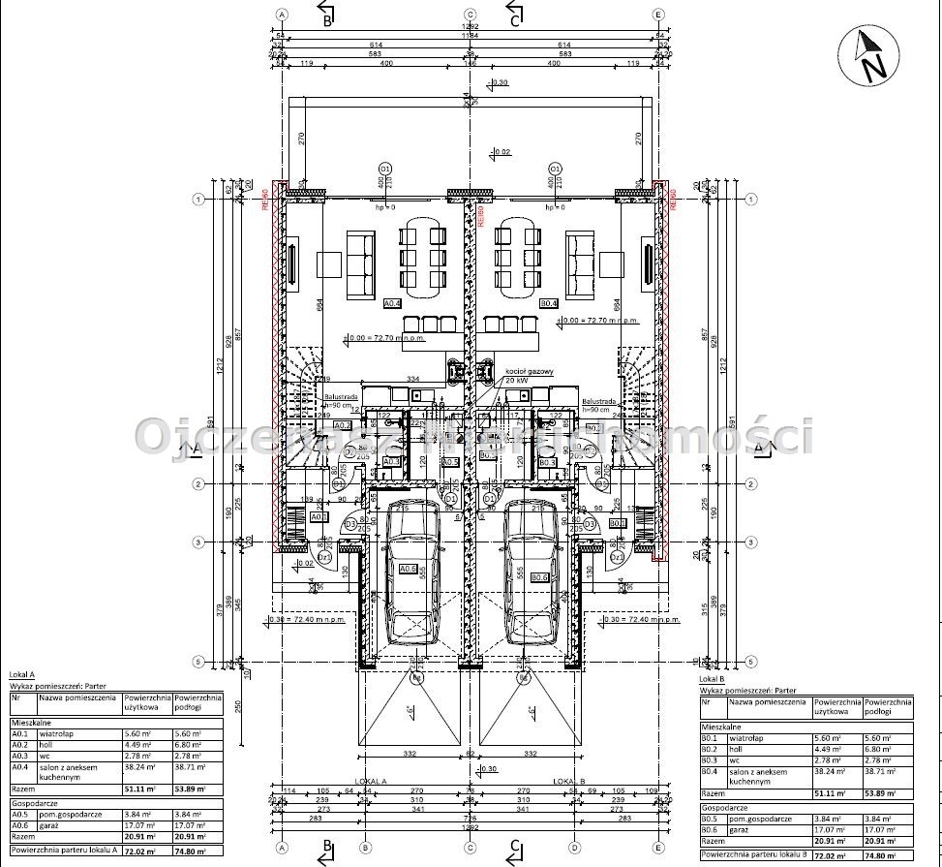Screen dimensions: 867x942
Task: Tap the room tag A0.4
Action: tap(393, 303)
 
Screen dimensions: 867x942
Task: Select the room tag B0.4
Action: tap(549, 303)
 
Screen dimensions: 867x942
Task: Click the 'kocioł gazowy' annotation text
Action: tap(529, 371)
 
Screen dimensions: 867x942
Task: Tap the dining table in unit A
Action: tap(425, 257)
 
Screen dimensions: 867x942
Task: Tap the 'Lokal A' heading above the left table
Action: tap(21, 673)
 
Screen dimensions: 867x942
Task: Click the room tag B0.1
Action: tap(617, 522)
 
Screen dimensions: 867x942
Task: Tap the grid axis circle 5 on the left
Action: tap(198, 663)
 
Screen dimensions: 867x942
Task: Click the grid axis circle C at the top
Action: tap(471, 15)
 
